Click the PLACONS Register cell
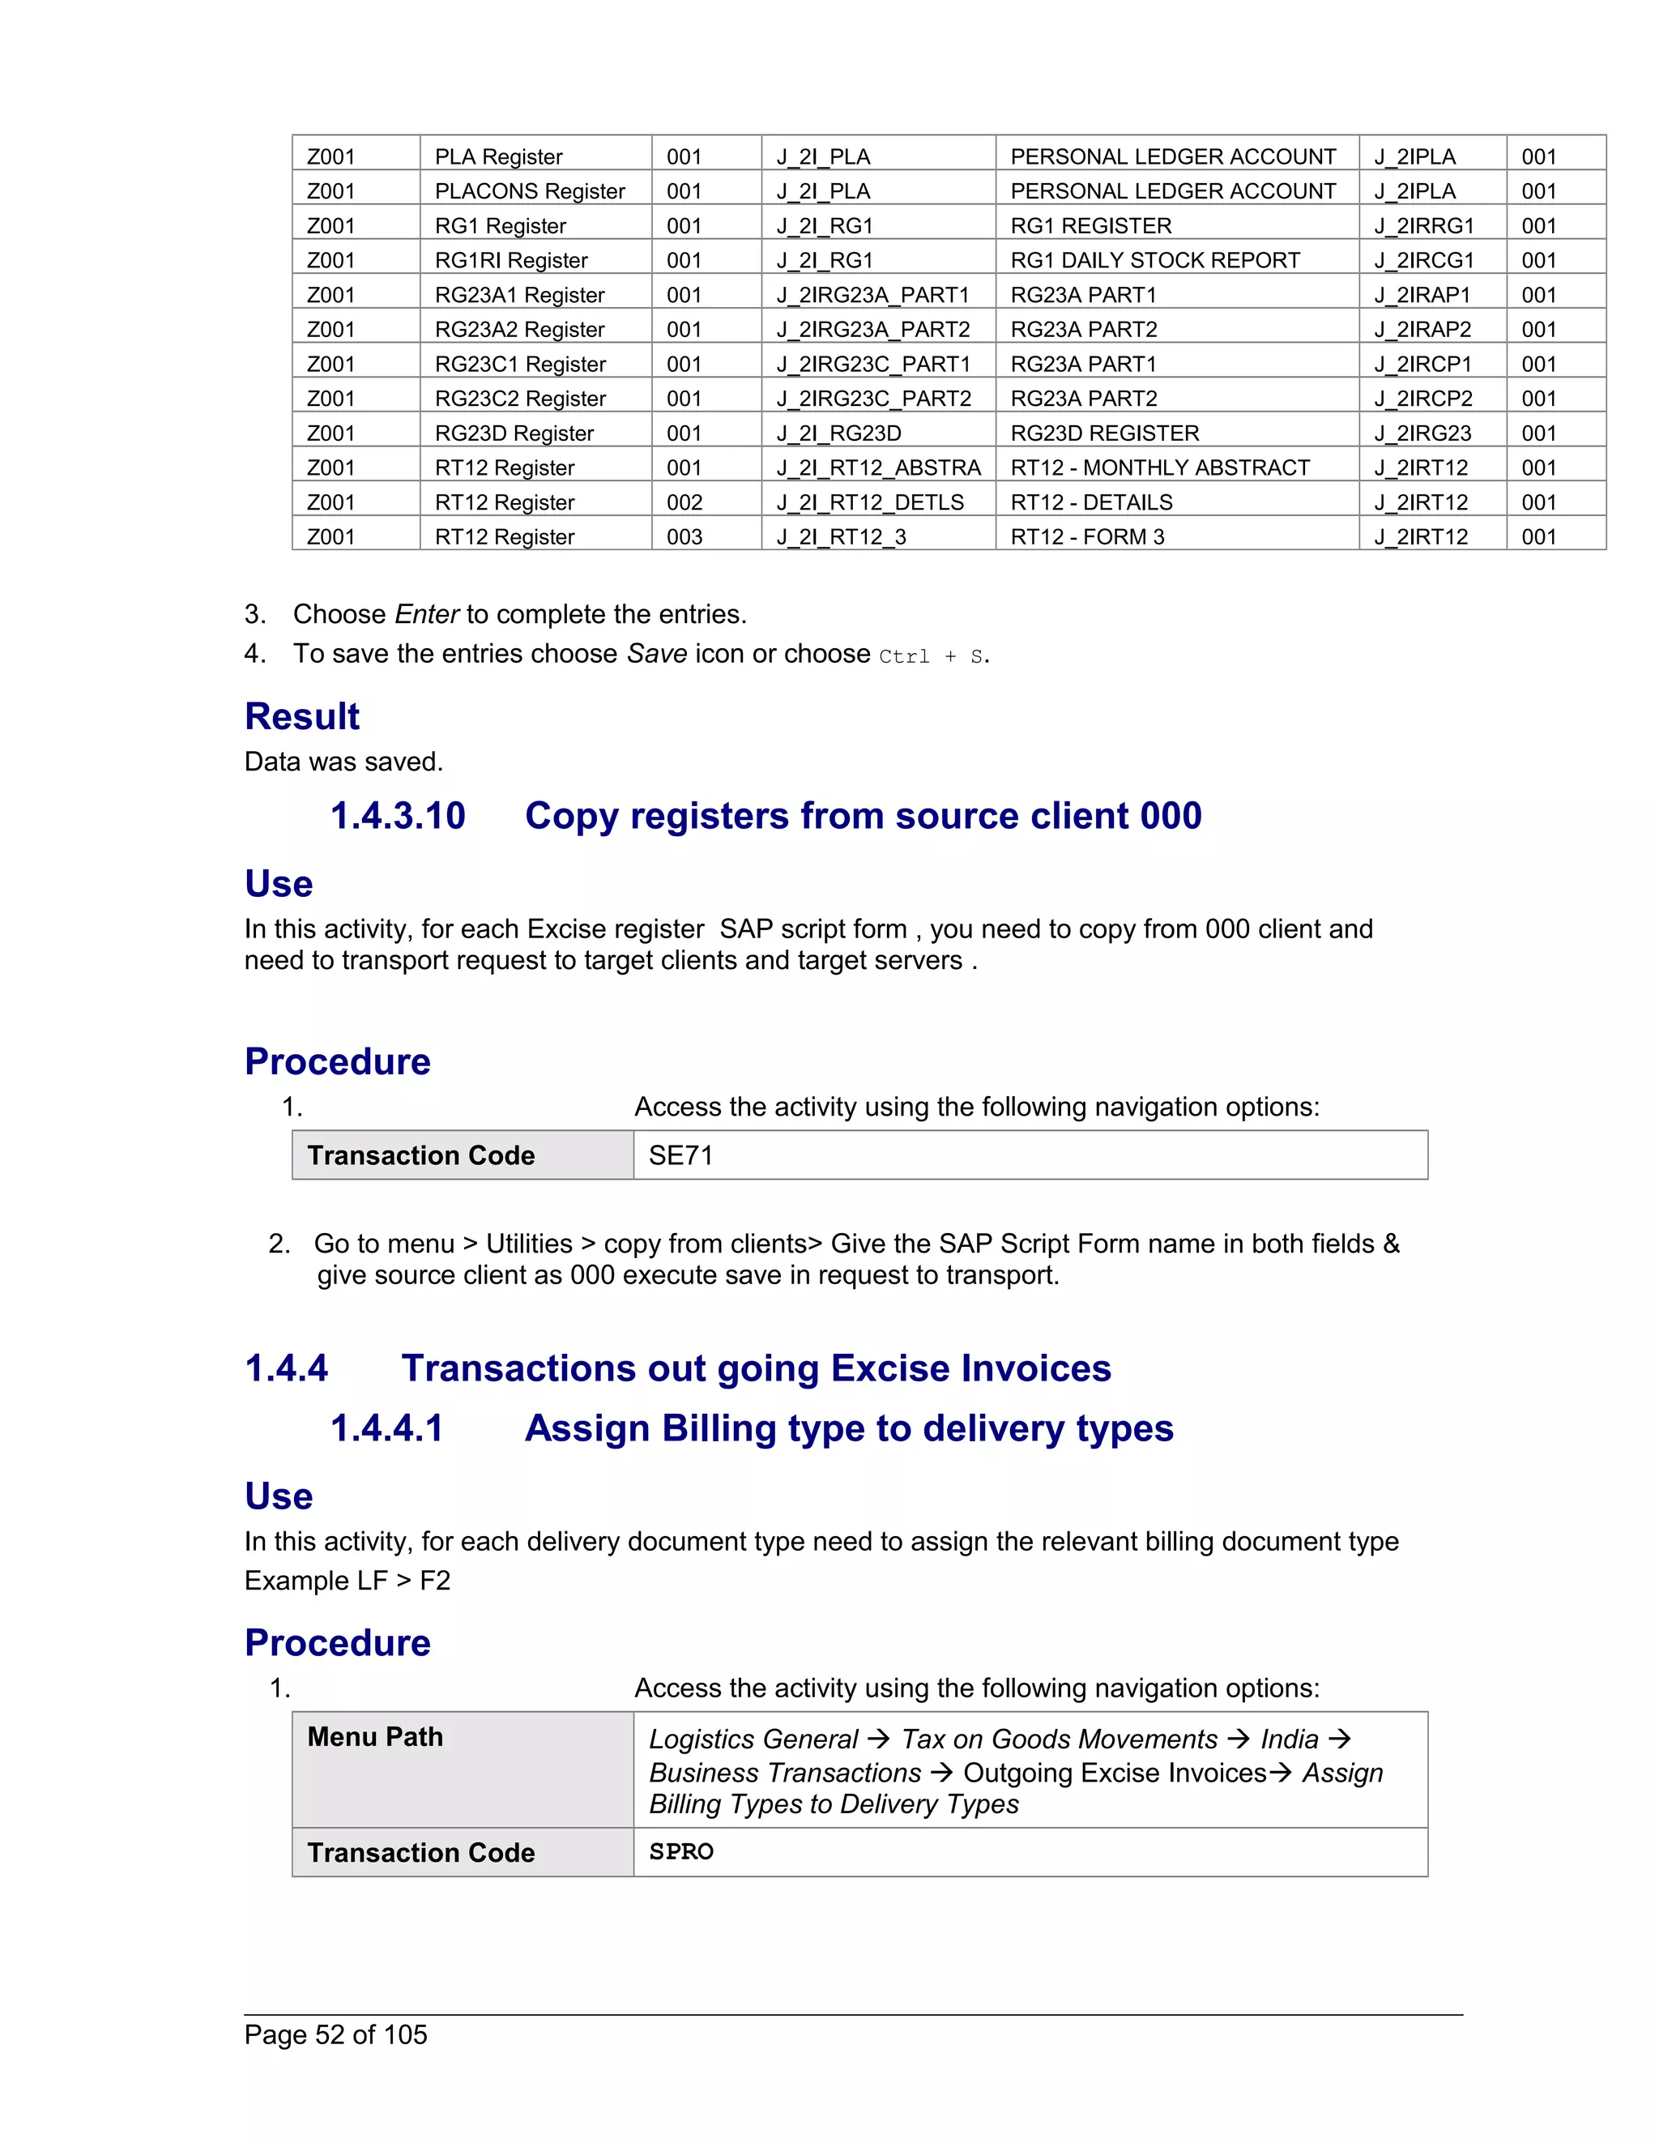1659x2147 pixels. point(530,190)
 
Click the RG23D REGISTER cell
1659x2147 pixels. point(1105,433)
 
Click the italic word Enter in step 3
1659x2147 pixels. point(427,614)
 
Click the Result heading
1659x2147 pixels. point(301,717)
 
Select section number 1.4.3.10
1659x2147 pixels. point(397,816)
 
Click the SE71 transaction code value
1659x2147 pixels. point(681,1155)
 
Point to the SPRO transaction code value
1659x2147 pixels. point(681,1852)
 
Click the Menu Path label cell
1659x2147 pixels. point(374,1737)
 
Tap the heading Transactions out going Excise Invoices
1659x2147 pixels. point(756,1368)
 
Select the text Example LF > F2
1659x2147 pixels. point(347,1581)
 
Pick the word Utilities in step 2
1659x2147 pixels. point(529,1244)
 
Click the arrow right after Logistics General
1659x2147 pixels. point(879,1738)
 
